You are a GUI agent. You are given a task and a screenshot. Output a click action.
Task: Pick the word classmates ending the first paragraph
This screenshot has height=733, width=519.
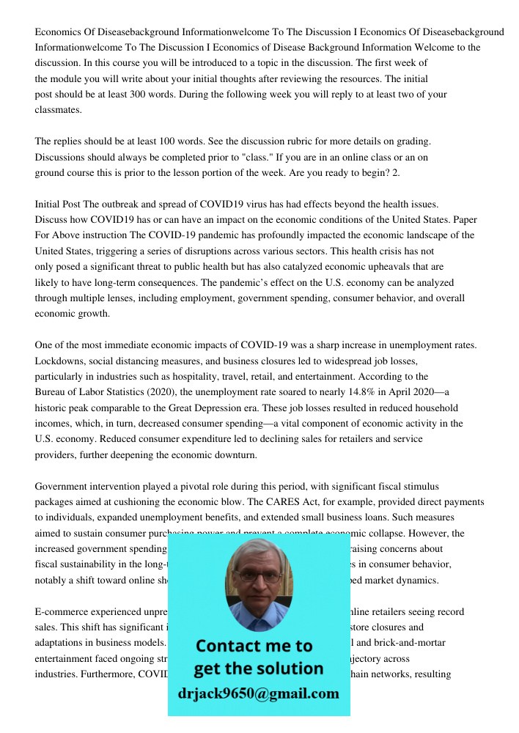click(x=59, y=110)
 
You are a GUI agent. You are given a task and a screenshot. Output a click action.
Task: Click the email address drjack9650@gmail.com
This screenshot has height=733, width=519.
click(x=258, y=693)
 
